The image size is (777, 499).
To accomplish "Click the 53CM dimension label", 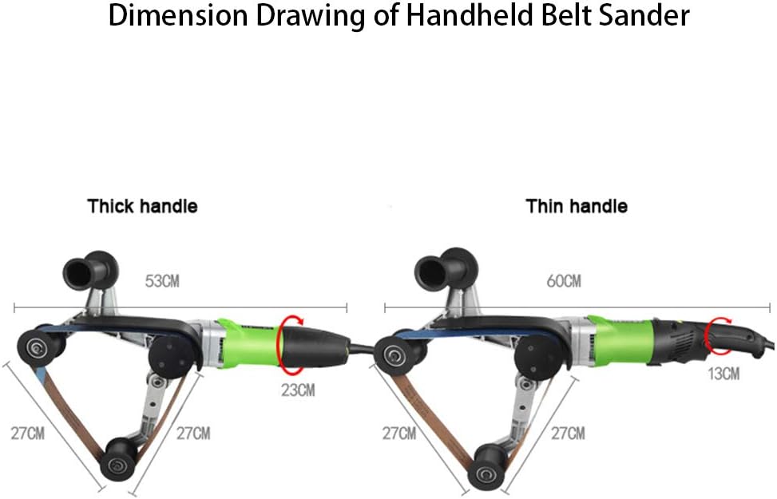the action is (x=161, y=281).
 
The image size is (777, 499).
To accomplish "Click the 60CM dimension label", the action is (x=564, y=281).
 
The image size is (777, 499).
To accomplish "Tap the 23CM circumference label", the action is (x=298, y=390).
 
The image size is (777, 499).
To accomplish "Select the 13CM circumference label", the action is (x=723, y=373).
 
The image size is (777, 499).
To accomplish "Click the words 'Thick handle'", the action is (x=142, y=206).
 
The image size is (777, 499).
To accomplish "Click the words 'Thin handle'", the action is (x=576, y=206).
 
